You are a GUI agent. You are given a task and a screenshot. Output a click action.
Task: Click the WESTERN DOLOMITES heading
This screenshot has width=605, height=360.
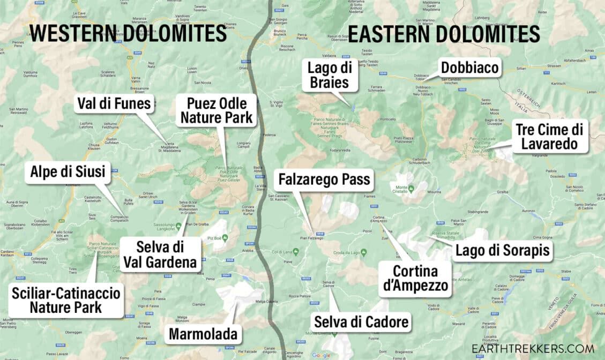[128, 33]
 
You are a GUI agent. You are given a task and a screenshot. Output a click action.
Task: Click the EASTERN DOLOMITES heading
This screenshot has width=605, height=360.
[444, 33]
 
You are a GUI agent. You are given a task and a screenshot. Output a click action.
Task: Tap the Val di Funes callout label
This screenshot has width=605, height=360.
[114, 103]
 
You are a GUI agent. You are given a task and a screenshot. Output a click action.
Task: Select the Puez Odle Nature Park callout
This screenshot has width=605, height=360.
[216, 110]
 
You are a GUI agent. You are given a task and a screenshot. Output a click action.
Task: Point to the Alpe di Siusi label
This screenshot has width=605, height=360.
[68, 172]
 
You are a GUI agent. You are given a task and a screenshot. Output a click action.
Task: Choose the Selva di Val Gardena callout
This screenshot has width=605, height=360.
[160, 254]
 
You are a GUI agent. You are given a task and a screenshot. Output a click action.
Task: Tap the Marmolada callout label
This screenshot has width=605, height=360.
[203, 335]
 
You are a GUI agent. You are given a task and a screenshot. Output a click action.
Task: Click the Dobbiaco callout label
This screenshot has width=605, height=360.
[469, 68]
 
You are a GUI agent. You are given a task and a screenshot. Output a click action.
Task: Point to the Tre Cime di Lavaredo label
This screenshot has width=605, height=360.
[550, 136]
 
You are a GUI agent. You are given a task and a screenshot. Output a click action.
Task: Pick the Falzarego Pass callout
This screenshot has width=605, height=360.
[324, 179]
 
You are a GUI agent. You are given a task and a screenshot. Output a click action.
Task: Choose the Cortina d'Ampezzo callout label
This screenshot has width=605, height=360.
[415, 279]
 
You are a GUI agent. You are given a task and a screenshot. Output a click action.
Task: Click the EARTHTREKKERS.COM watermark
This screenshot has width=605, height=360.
[533, 348]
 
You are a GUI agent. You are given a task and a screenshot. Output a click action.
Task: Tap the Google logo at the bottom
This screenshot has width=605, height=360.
[321, 355]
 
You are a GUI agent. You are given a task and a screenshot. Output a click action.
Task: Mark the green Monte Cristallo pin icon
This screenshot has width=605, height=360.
[411, 187]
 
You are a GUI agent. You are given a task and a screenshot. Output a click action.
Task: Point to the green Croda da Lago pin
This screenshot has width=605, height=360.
[363, 252]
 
